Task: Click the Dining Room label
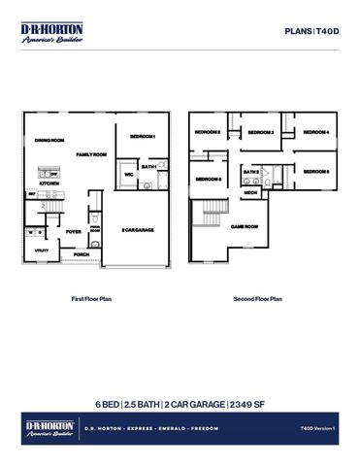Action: point(49,142)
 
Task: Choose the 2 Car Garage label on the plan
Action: point(138,229)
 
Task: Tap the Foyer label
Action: point(74,233)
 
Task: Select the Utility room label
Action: point(42,250)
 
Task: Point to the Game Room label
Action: point(244,226)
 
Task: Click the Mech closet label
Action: point(249,192)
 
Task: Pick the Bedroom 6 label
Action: point(208,179)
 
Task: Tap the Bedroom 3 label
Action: point(259,133)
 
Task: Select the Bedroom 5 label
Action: point(316,172)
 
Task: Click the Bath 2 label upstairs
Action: point(251,172)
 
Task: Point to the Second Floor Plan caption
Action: point(257,299)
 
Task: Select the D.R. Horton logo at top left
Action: point(51,33)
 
